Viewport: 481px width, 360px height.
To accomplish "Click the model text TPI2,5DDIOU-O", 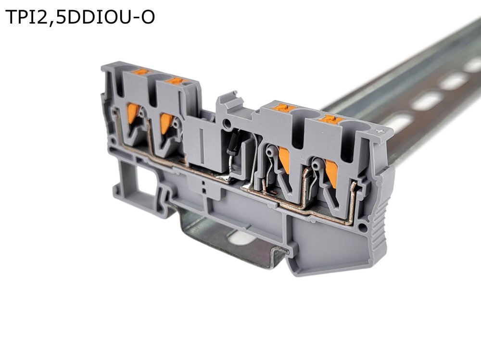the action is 80,17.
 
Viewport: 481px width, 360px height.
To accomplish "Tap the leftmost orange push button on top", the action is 141,72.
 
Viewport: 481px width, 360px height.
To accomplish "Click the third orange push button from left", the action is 283,108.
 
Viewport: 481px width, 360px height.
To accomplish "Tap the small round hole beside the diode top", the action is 227,124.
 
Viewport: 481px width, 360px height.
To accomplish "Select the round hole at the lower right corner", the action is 363,227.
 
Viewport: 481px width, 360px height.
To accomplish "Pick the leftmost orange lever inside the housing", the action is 133,113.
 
